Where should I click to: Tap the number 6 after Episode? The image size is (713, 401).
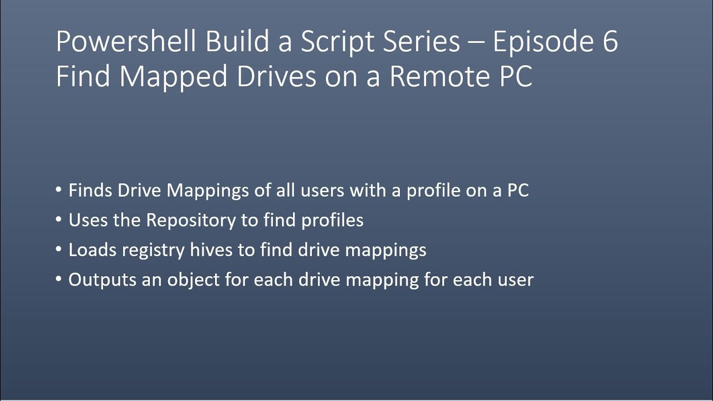point(609,42)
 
